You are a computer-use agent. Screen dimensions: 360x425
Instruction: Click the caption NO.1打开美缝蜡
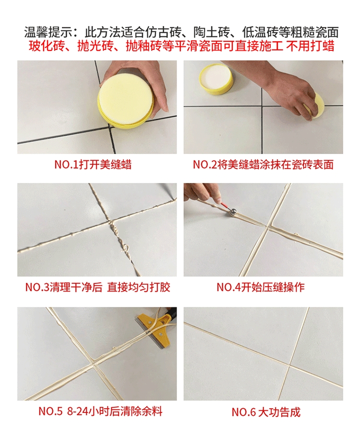coord(93,165)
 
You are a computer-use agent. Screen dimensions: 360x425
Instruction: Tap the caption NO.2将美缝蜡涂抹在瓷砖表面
coord(263,165)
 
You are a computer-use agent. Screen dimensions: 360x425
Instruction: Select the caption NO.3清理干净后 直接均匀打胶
coord(97,287)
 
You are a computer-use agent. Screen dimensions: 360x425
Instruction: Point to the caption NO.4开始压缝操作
coord(261,287)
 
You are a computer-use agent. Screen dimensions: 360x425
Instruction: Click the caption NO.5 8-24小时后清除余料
coord(100,411)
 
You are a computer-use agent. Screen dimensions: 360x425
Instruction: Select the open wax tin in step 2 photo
coord(216,79)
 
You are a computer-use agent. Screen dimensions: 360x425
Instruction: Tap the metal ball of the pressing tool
coord(232,212)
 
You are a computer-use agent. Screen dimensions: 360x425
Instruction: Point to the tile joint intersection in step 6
coord(289,365)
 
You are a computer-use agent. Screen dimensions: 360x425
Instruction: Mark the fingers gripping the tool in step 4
coord(206,194)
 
